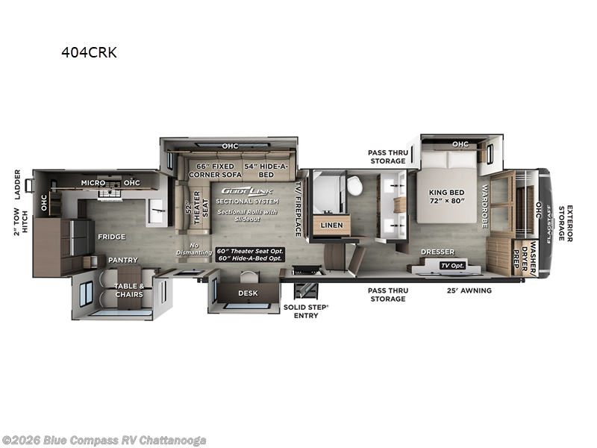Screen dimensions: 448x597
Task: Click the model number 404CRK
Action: tap(89, 52)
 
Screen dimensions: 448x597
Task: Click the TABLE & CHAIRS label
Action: tap(129, 290)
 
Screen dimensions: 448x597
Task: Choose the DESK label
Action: tap(248, 293)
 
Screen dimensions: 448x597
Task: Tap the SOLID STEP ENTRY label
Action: tap(306, 311)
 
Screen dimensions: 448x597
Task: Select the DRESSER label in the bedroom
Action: tap(437, 252)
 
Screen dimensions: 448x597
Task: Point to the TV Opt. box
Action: tap(453, 266)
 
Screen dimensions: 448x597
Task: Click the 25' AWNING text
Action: tap(469, 290)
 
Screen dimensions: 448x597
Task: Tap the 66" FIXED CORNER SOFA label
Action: tap(210, 170)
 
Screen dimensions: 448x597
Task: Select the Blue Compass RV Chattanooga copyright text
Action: tap(104, 440)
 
